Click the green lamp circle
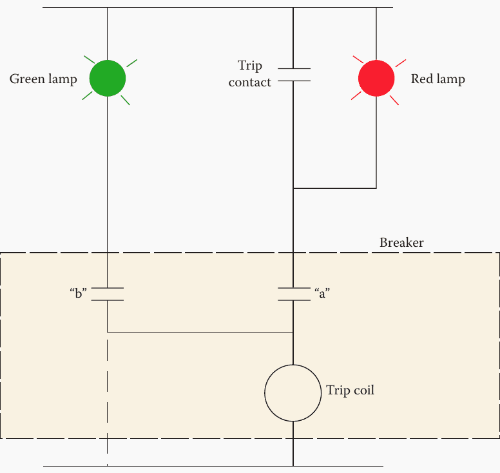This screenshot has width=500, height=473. (x=107, y=78)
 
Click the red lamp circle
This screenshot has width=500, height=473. (x=376, y=78)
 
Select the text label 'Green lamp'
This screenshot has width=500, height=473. (x=43, y=79)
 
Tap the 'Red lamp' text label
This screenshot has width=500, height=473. (x=438, y=79)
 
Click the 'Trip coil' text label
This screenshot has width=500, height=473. (x=350, y=391)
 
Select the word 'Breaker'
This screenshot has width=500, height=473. (x=401, y=243)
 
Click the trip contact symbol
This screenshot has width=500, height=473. (x=294, y=75)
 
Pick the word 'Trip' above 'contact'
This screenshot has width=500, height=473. (x=250, y=66)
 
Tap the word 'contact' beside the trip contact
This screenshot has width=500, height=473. (x=250, y=82)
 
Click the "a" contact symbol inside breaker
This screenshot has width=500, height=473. (x=294, y=294)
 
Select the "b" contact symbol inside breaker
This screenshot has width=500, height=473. (x=107, y=294)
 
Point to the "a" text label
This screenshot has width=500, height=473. (x=322, y=294)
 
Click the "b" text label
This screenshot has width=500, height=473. (x=78, y=294)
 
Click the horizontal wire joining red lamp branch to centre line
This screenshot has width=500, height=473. (x=334, y=188)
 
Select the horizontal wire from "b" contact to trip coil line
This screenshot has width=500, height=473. (x=200, y=332)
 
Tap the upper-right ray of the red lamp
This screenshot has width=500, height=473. (x=401, y=63)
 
